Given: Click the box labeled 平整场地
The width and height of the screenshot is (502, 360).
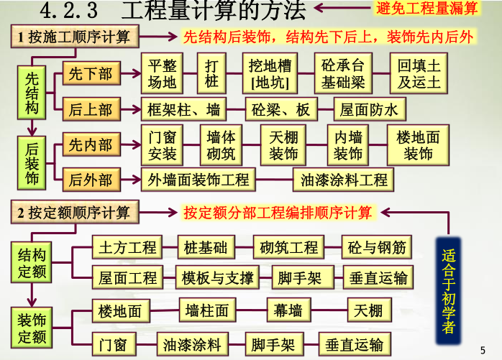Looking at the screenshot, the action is click(162, 73).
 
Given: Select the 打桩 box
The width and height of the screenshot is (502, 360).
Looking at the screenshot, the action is click(211, 73).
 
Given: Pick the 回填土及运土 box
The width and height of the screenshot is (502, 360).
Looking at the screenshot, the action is click(419, 73).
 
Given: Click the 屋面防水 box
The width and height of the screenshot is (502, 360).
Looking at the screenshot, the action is click(370, 110).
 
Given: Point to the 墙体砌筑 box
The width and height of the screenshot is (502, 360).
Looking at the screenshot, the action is click(221, 145).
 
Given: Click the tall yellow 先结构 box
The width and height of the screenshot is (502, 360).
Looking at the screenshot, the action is click(32, 93).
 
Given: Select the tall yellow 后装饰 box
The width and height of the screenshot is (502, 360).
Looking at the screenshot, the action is click(32, 163).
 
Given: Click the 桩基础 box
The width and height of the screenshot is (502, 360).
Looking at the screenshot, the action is click(206, 247).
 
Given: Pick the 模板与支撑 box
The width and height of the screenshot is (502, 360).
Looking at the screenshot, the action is click(216, 277).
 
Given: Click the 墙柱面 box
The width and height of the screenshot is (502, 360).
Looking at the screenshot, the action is click(207, 310).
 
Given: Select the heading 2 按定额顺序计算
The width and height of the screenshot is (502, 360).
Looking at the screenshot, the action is click(74, 213).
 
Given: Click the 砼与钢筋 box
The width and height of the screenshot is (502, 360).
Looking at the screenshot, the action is click(377, 247).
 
